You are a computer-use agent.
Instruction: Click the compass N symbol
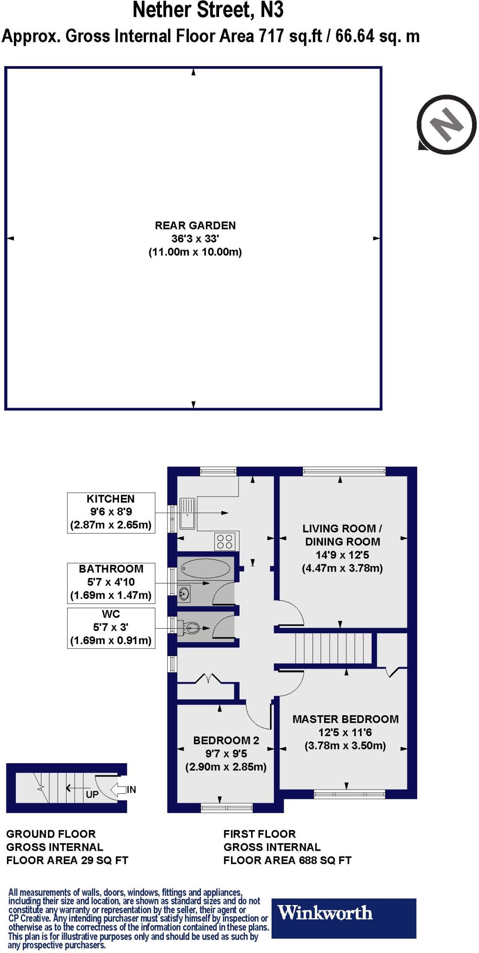(446, 124)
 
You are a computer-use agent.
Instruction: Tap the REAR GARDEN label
(195, 226)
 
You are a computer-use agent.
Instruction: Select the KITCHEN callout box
(111, 512)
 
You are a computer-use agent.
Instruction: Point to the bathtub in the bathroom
(205, 568)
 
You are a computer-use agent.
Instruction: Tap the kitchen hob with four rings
(225, 542)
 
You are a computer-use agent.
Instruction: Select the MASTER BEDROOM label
(346, 719)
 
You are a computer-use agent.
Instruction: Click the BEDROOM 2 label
(226, 740)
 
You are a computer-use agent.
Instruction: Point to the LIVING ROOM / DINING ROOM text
(342, 535)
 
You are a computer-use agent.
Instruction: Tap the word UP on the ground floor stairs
(92, 794)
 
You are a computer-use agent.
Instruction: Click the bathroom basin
(184, 592)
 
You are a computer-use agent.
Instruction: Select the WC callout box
(111, 627)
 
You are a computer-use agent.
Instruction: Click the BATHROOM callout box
(111, 582)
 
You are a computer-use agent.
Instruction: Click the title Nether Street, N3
(208, 10)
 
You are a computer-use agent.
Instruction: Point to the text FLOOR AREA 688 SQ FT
(287, 860)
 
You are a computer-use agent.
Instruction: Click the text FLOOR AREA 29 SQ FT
(67, 860)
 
